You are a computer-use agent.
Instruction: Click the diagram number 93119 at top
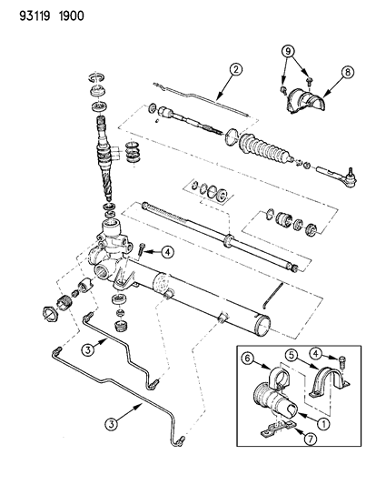[x=35, y=15]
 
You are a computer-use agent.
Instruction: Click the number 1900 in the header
[x=71, y=15]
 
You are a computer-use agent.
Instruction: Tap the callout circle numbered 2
[x=235, y=69]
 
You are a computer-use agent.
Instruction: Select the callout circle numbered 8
[x=347, y=72]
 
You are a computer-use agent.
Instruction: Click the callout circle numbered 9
[x=288, y=51]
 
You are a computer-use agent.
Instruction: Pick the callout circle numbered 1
[x=323, y=423]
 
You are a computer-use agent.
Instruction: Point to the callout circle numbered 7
[x=311, y=439]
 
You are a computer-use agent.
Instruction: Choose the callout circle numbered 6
[x=249, y=359]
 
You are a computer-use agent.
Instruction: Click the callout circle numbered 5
[x=292, y=355]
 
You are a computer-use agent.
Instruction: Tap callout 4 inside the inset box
[x=315, y=354]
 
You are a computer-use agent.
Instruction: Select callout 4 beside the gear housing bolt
[x=167, y=252]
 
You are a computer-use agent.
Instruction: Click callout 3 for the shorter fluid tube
[x=88, y=349]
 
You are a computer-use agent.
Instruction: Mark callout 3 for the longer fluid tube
[x=111, y=424]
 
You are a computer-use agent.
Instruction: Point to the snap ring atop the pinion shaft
[x=96, y=77]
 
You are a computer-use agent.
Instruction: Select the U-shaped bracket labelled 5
[x=329, y=382]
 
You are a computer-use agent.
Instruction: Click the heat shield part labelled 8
[x=304, y=102]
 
